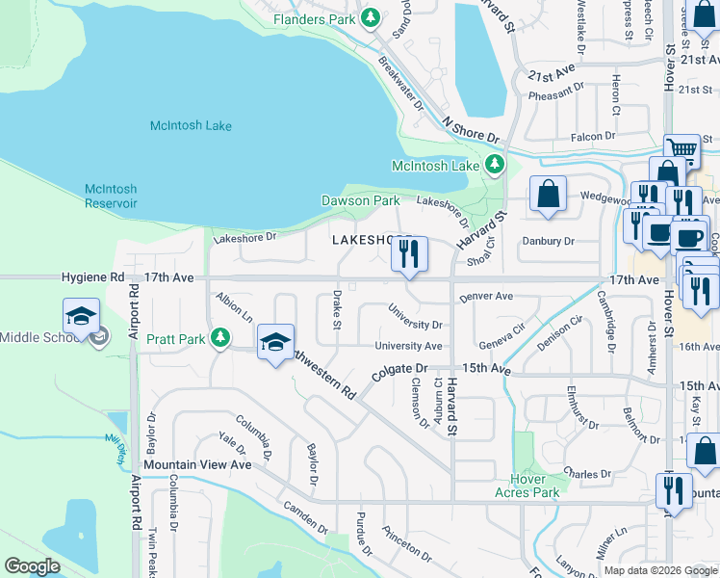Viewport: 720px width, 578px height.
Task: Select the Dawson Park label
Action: pos(360,200)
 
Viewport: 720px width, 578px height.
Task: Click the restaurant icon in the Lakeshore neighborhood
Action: pos(409,254)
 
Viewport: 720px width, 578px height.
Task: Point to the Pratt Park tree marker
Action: pos(221,338)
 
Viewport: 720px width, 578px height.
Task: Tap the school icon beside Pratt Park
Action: pos(276,343)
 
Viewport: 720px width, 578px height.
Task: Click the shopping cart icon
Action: pos(681,149)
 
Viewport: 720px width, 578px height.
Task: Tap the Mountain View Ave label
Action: pos(197,463)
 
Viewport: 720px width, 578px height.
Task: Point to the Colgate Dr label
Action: pos(399,368)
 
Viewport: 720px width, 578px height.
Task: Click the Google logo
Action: pos(33,565)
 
